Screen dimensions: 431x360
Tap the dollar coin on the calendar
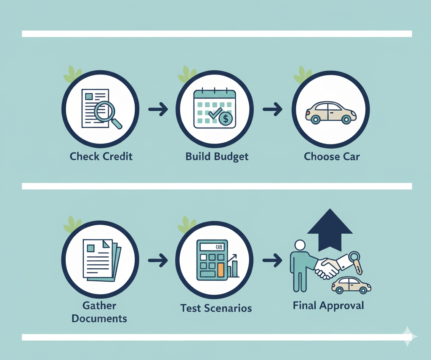click(226, 119)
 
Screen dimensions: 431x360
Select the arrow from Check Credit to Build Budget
click(158, 109)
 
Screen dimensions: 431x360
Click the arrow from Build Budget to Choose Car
click(272, 109)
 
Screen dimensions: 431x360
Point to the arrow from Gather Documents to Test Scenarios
click(158, 260)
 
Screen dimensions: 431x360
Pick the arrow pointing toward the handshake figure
click(272, 260)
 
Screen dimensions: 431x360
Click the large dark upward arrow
click(330, 230)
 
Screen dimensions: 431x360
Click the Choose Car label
click(332, 157)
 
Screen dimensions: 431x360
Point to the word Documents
click(99, 318)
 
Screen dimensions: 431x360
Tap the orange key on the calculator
click(221, 270)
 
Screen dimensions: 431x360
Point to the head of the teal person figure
click(300, 245)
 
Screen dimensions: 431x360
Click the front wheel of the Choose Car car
click(316, 120)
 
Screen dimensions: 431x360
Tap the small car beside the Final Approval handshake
click(351, 285)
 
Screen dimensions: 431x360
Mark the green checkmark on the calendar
click(215, 113)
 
